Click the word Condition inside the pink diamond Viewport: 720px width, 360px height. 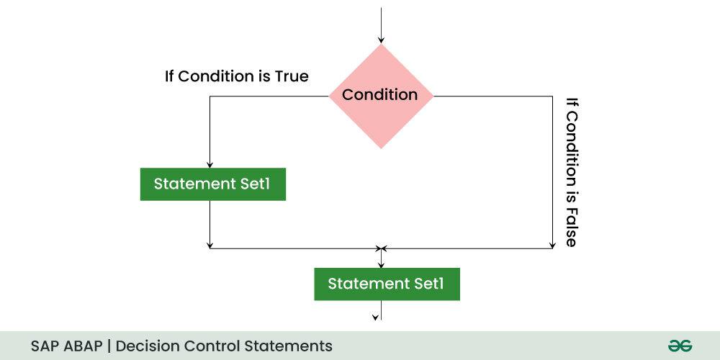[x=379, y=95]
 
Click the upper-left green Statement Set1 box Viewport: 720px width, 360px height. [x=212, y=184]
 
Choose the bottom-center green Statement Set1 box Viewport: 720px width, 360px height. [x=387, y=284]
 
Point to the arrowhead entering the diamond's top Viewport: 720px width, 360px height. [x=381, y=40]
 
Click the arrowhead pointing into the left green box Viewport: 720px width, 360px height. [x=210, y=163]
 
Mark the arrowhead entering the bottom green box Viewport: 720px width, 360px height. [x=381, y=264]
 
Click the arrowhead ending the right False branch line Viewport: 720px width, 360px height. [x=552, y=245]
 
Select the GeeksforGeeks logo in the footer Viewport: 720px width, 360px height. [x=679, y=346]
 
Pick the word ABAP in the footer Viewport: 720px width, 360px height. [x=83, y=346]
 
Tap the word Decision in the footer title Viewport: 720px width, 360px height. [x=148, y=346]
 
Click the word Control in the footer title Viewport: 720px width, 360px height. [x=214, y=346]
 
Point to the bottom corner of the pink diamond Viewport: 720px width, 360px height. [x=381, y=148]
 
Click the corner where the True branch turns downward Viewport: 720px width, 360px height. [x=210, y=96]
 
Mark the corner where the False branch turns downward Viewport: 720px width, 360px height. [x=552, y=96]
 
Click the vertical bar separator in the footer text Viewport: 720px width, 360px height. [x=110, y=346]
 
